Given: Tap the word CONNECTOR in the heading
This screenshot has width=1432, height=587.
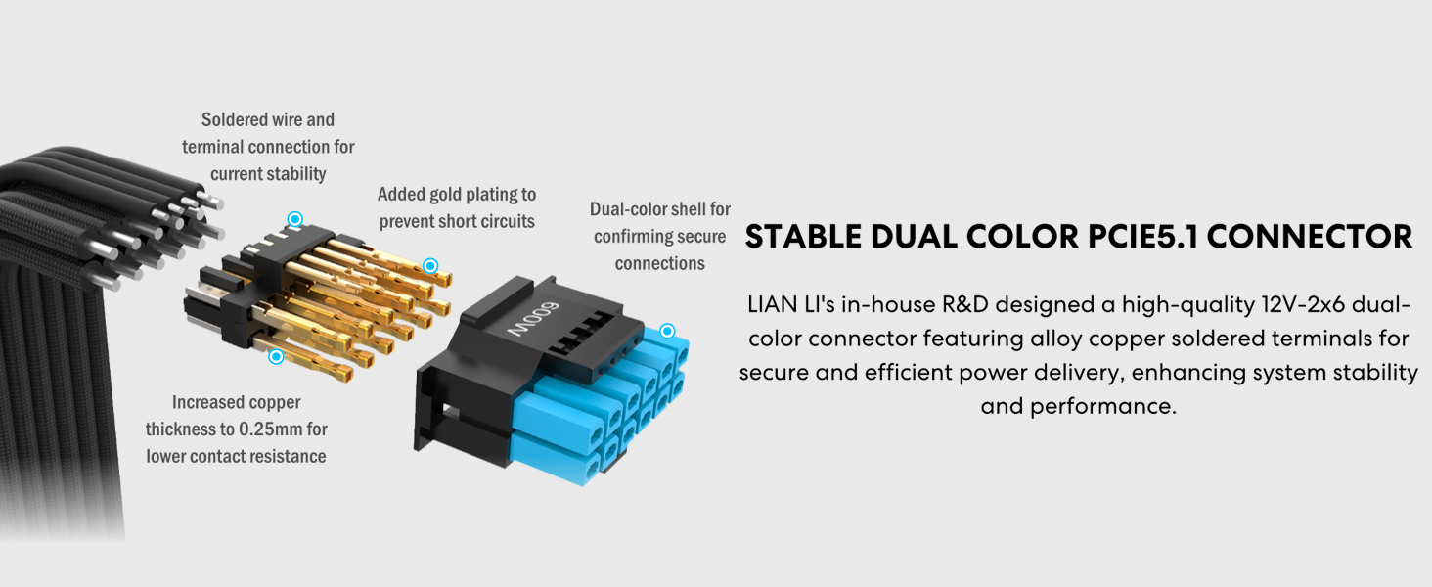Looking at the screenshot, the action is point(1310,237).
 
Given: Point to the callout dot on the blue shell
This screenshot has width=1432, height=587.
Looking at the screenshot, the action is point(667,331).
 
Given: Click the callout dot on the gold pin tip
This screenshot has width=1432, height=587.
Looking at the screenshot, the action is point(430,265).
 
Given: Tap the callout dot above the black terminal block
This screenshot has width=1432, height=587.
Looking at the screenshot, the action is point(294,219).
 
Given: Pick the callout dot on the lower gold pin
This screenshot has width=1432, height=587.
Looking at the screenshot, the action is point(276,356).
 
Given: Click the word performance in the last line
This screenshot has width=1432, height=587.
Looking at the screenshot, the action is point(1103,407).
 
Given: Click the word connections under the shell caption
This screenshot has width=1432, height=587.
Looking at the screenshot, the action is point(659,263).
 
